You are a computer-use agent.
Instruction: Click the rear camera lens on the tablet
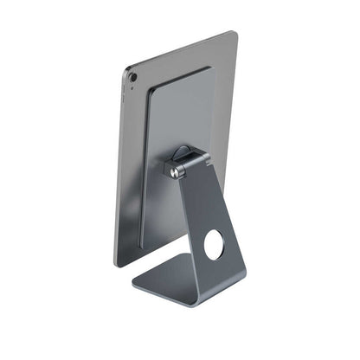(x=133, y=77)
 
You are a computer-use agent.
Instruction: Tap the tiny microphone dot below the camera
(x=133, y=88)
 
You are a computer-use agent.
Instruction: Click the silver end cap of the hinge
(x=177, y=172)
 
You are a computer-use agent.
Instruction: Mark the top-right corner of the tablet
(x=233, y=34)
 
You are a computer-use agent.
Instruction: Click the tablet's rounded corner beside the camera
(x=127, y=69)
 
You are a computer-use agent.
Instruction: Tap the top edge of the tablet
(x=182, y=48)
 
